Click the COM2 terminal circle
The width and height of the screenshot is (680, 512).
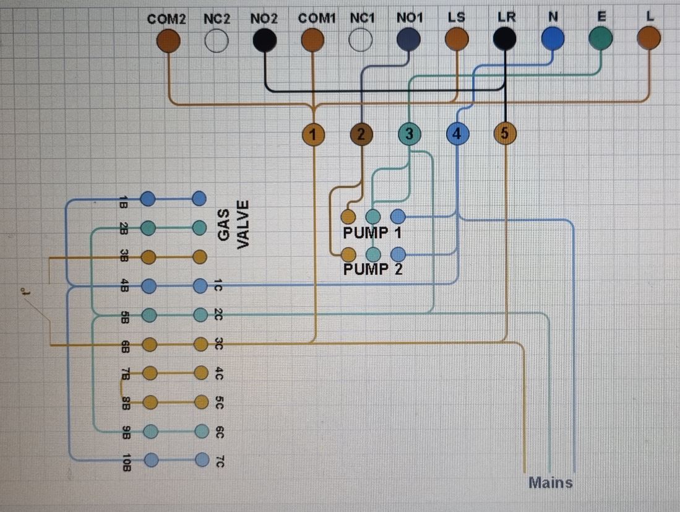(x=168, y=41)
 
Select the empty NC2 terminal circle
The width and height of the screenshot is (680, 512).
(x=217, y=41)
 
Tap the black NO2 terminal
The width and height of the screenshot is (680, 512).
(x=265, y=40)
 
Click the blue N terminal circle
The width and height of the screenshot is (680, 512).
(x=553, y=40)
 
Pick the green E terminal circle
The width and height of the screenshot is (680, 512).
(x=601, y=38)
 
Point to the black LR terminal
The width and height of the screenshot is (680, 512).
(x=505, y=40)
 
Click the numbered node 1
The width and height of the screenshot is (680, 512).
(x=314, y=134)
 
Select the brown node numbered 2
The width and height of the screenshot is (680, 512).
(x=361, y=134)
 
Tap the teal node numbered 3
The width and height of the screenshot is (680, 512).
(x=409, y=133)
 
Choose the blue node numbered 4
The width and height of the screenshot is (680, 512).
(x=457, y=133)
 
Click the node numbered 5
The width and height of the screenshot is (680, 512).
(x=505, y=133)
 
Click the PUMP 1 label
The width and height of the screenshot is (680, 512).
(x=372, y=233)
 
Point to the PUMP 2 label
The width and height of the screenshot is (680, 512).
(x=372, y=269)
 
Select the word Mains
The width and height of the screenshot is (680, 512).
(x=551, y=482)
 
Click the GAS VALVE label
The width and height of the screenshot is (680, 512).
(x=234, y=224)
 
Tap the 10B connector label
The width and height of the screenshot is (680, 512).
(x=126, y=462)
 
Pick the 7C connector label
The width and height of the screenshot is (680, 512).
(x=219, y=462)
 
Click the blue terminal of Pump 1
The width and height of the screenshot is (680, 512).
(x=398, y=217)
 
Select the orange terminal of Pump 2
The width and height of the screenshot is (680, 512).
(x=348, y=254)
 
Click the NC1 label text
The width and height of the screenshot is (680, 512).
(x=362, y=19)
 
